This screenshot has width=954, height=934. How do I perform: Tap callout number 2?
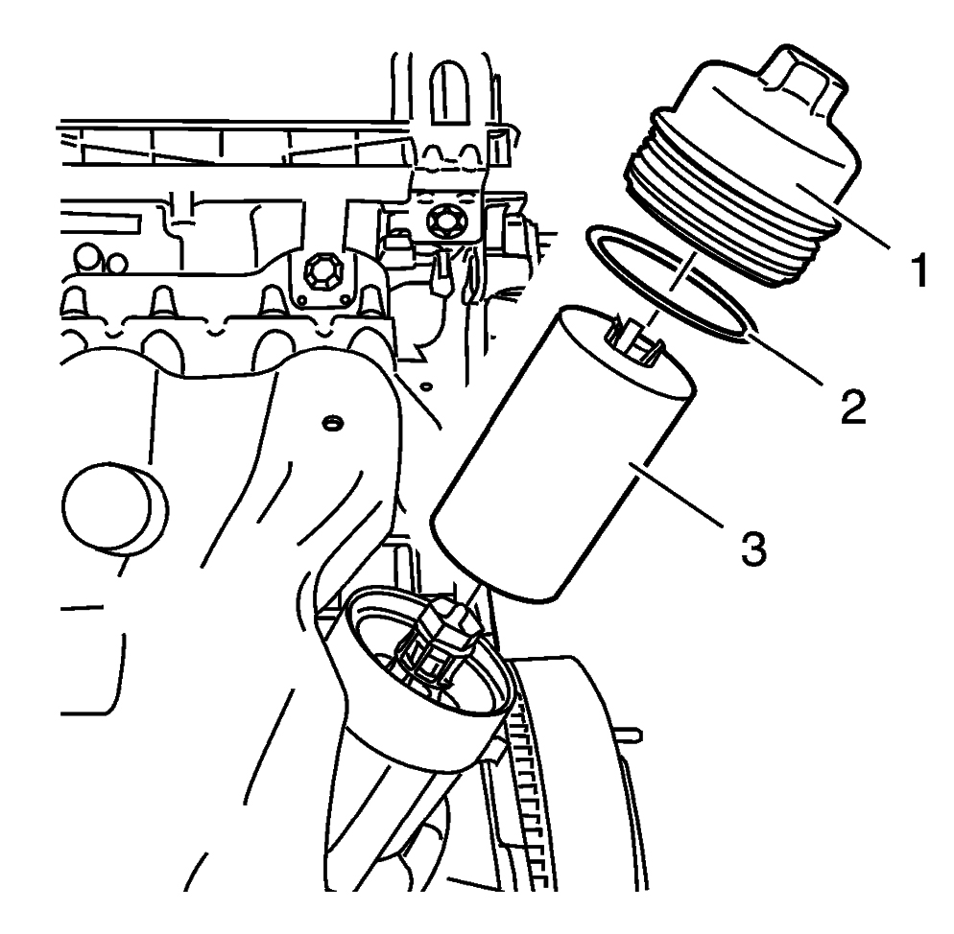coord(852,407)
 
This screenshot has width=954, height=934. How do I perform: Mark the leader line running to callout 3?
coord(676,496)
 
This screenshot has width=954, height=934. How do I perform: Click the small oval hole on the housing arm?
coord(331,421)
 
